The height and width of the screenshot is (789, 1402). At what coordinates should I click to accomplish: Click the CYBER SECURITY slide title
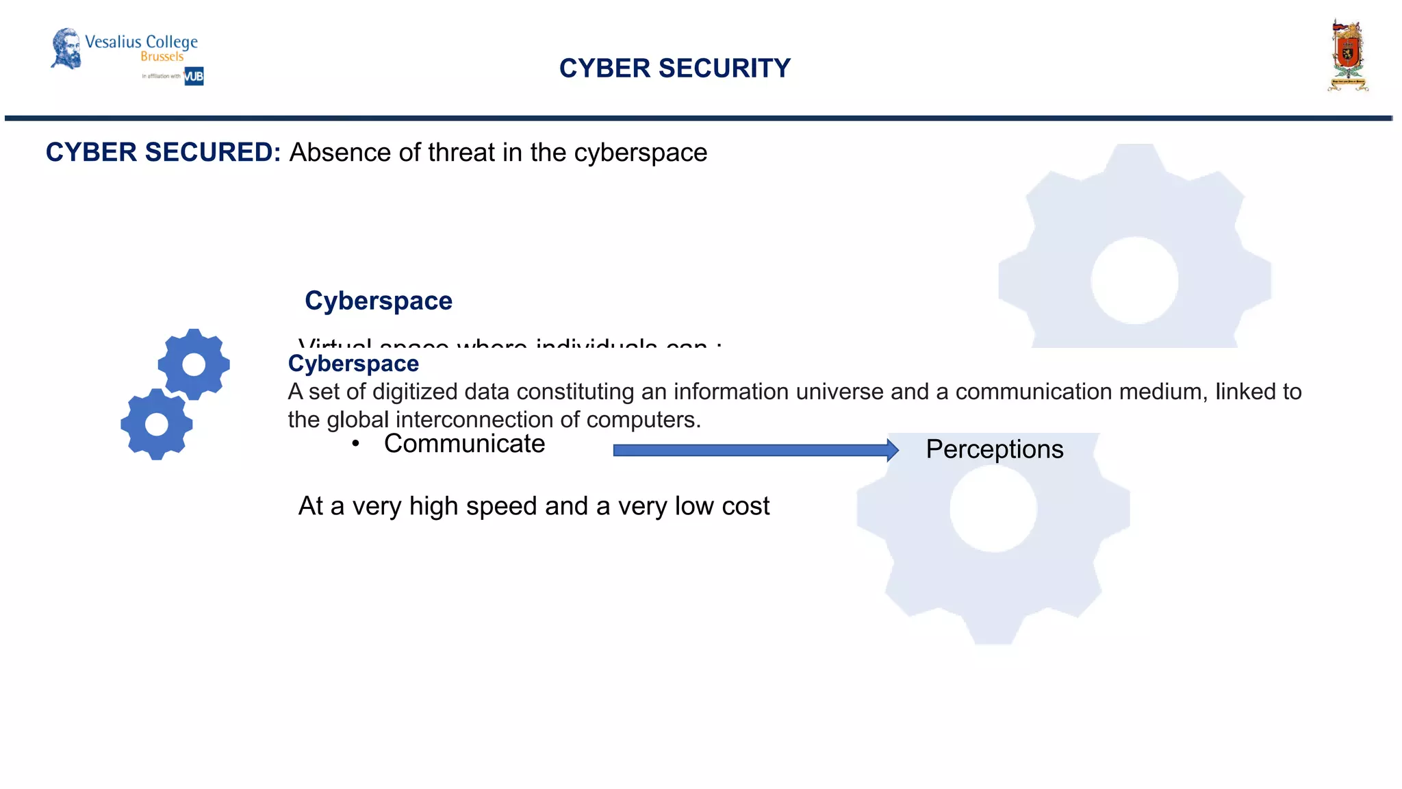(674, 68)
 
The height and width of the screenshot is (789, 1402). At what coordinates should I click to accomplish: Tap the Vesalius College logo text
(141, 42)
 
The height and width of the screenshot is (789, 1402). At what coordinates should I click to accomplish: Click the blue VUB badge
(194, 76)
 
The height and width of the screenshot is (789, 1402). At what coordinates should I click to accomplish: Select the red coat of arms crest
(1347, 55)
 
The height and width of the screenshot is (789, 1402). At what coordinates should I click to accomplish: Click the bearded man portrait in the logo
(66, 48)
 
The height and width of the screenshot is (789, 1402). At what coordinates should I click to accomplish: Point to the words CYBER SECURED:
(163, 152)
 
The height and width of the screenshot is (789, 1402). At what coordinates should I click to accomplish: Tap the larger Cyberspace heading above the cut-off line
(378, 301)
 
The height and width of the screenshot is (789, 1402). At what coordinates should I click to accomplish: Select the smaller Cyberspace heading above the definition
(353, 364)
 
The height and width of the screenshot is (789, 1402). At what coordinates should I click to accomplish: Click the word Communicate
(464, 444)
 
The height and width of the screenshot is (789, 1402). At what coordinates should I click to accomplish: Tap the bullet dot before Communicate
(355, 444)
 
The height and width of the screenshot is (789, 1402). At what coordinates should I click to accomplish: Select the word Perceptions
(994, 449)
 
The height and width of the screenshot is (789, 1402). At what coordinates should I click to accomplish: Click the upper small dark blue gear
(194, 364)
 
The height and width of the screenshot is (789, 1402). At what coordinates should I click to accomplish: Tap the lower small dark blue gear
(157, 425)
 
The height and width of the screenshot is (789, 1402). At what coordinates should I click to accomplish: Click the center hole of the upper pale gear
(1134, 280)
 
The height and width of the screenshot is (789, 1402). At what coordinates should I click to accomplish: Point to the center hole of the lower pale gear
(993, 508)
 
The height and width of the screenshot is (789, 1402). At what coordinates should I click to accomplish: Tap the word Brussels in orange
(162, 57)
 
